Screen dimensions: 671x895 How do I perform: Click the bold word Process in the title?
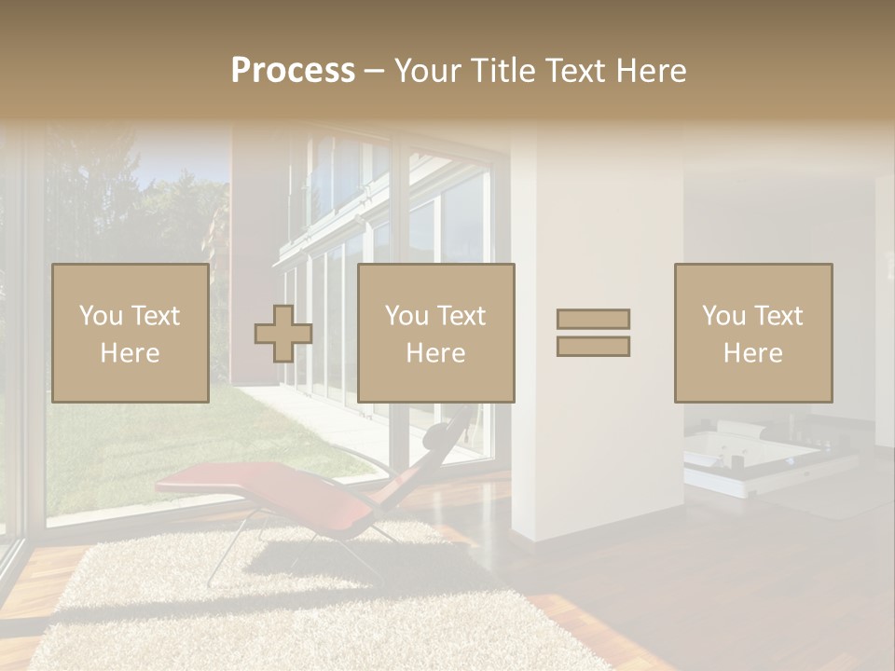click(x=293, y=71)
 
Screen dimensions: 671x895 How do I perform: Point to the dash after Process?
click(x=374, y=72)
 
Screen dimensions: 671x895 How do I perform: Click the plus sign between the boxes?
click(x=283, y=334)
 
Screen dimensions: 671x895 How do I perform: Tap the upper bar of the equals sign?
click(x=593, y=319)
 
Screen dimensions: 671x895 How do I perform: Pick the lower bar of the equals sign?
click(x=593, y=347)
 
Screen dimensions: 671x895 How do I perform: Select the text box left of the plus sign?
click(x=130, y=333)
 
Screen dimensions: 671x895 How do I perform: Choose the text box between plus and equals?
click(x=435, y=333)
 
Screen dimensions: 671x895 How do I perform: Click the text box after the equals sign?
click(x=752, y=333)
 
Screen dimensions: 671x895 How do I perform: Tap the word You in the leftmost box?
click(x=100, y=316)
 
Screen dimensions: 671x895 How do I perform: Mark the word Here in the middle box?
click(x=435, y=353)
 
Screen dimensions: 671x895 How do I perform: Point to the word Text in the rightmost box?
click(x=778, y=316)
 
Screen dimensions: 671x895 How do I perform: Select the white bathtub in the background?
click(x=746, y=457)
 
